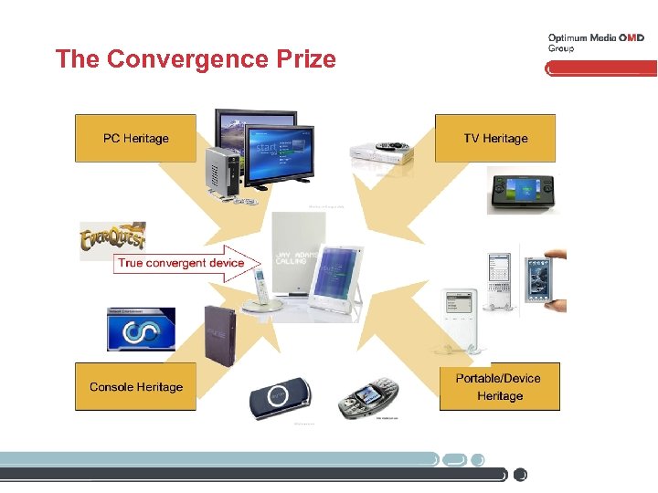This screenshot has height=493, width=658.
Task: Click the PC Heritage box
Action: pyautogui.click(x=135, y=139)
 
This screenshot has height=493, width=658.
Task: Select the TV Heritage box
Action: pyautogui.click(x=495, y=139)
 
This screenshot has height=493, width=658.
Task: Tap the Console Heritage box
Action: pyautogui.click(x=135, y=387)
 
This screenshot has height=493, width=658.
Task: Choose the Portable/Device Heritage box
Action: pyautogui.click(x=499, y=387)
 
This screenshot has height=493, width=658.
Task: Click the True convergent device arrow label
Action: pyautogui.click(x=181, y=263)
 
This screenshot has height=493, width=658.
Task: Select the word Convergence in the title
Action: pyautogui.click(x=182, y=59)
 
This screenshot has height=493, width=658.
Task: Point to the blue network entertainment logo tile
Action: pyautogui.click(x=142, y=330)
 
